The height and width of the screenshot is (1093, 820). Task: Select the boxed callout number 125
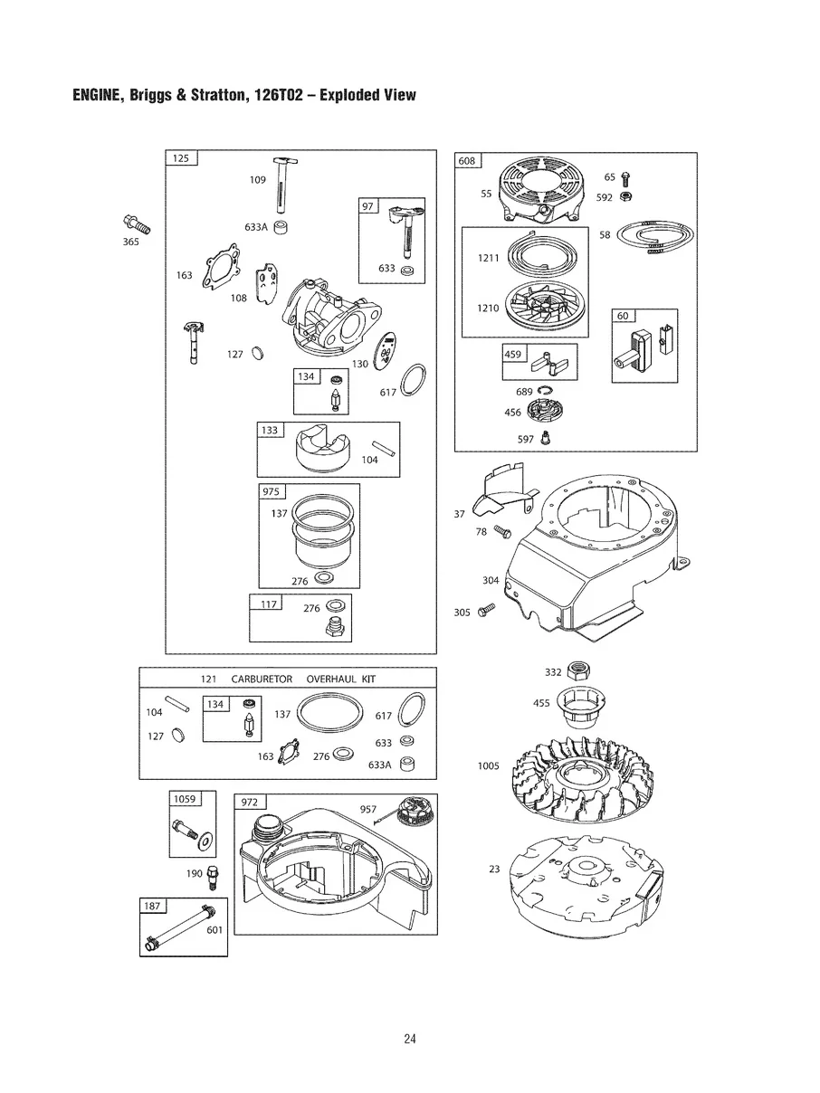coord(181,158)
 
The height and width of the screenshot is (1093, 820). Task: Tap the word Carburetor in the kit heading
coord(262,679)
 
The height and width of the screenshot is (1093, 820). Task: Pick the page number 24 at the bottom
coord(410,1039)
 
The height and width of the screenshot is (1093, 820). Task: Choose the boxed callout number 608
coord(467,161)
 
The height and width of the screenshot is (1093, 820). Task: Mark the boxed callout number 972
coord(250,803)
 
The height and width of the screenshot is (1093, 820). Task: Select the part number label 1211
coord(488,259)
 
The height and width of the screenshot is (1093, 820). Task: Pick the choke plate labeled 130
coord(389,350)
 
